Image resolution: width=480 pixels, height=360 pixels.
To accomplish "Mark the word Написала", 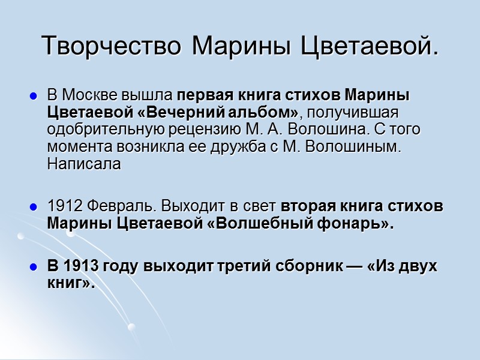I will pos(84,164).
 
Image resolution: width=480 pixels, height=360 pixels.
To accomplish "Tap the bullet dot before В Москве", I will pos(34,95).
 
